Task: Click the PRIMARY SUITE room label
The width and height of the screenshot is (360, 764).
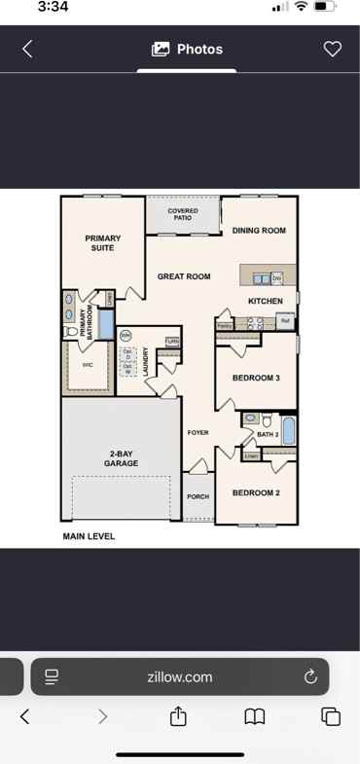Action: (x=102, y=242)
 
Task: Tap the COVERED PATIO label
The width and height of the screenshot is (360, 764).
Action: (x=183, y=214)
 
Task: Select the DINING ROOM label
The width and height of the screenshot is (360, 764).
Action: (x=259, y=231)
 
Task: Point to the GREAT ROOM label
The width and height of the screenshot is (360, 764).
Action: (x=184, y=276)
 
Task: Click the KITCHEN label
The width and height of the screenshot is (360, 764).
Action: (x=265, y=301)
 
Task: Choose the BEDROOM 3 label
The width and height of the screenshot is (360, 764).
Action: (x=256, y=378)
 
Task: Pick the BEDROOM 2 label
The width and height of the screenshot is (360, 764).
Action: (x=256, y=492)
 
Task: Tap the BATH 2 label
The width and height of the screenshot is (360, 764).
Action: (x=268, y=434)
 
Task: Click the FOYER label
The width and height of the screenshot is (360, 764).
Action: (x=198, y=432)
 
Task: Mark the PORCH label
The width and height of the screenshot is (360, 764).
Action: (x=198, y=496)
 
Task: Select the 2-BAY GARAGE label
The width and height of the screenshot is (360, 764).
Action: (x=121, y=458)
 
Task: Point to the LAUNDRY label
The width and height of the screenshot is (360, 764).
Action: (x=145, y=362)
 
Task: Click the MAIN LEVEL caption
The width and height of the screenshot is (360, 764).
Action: (x=89, y=536)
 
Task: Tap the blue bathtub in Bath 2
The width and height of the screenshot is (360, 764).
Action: (x=288, y=429)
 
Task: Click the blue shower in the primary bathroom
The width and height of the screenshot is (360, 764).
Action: (x=106, y=322)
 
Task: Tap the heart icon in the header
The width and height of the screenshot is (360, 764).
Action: (x=333, y=49)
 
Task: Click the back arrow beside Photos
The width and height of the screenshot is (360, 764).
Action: (x=27, y=49)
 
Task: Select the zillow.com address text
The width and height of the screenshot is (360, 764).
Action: (x=180, y=676)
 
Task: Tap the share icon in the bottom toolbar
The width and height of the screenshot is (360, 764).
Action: (x=178, y=716)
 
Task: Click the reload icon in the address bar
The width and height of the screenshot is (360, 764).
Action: (x=310, y=676)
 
